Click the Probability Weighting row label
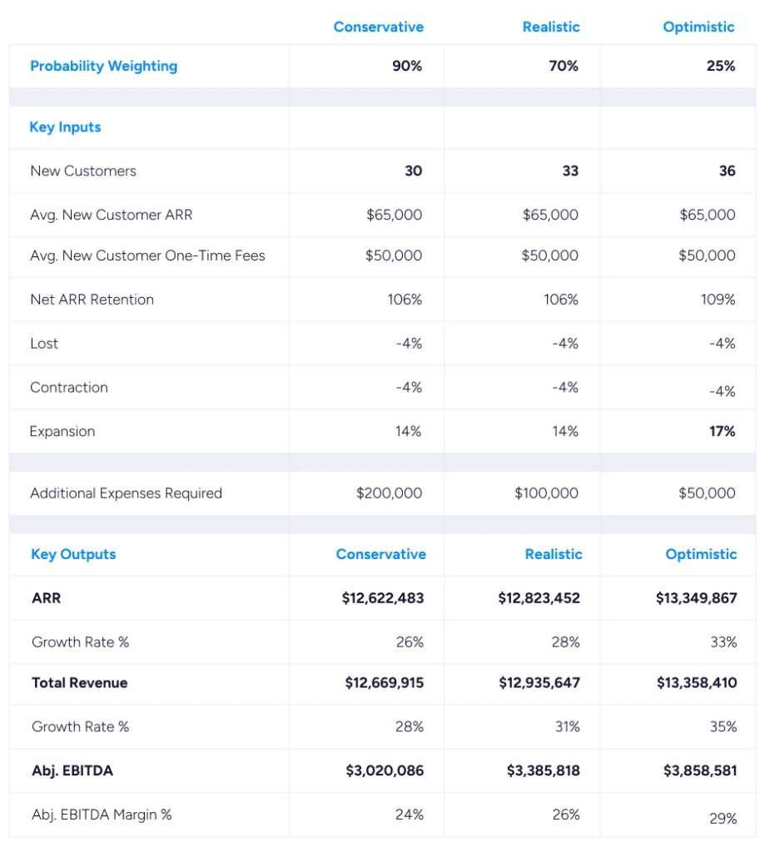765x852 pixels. (x=103, y=66)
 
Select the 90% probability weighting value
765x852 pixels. (x=407, y=66)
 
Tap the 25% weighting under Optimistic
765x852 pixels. (x=721, y=66)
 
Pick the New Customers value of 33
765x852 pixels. (x=570, y=171)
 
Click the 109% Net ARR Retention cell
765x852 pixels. (x=718, y=300)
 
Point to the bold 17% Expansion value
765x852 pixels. (x=722, y=431)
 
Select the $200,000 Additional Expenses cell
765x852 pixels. (x=389, y=493)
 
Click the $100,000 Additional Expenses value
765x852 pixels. (x=546, y=493)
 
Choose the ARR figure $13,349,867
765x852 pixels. (x=700, y=597)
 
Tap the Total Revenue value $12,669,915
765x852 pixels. (x=384, y=682)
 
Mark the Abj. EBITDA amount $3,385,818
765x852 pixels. (x=543, y=770)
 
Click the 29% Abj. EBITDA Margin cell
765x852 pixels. (x=723, y=819)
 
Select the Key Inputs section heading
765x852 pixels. (x=65, y=127)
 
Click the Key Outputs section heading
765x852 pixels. (x=73, y=554)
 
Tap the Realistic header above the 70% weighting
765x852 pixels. (x=550, y=27)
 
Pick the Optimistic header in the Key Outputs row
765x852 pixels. (x=701, y=554)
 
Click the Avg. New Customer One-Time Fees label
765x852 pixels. (x=147, y=255)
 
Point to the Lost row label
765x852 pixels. (x=44, y=344)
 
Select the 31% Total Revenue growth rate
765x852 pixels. (x=567, y=726)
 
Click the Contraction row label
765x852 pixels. (x=69, y=388)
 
